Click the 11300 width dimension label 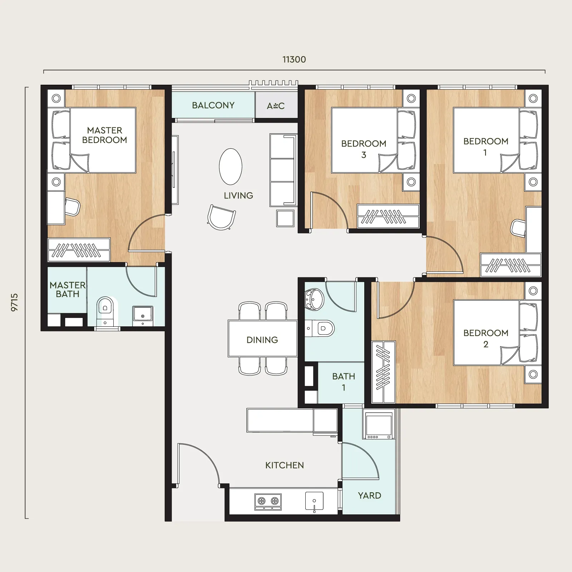pyautogui.click(x=294, y=59)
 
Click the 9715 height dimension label pyautogui.click(x=14, y=302)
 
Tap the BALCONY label pyautogui.click(x=213, y=105)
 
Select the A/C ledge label pyautogui.click(x=276, y=105)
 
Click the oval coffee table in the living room pyautogui.click(x=231, y=167)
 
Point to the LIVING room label pyautogui.click(x=238, y=196)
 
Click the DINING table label pyautogui.click(x=262, y=340)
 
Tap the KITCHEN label pyautogui.click(x=285, y=465)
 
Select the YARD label pyautogui.click(x=370, y=495)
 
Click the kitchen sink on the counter pyautogui.click(x=314, y=502)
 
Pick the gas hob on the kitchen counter pyautogui.click(x=268, y=502)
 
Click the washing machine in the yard pyautogui.click(x=379, y=424)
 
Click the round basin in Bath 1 pyautogui.click(x=314, y=299)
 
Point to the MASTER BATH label pyautogui.click(x=68, y=290)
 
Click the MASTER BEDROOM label pyautogui.click(x=105, y=135)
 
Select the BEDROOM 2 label pyautogui.click(x=486, y=338)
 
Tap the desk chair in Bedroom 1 pyautogui.click(x=518, y=228)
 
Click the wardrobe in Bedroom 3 pyautogui.click(x=388, y=216)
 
